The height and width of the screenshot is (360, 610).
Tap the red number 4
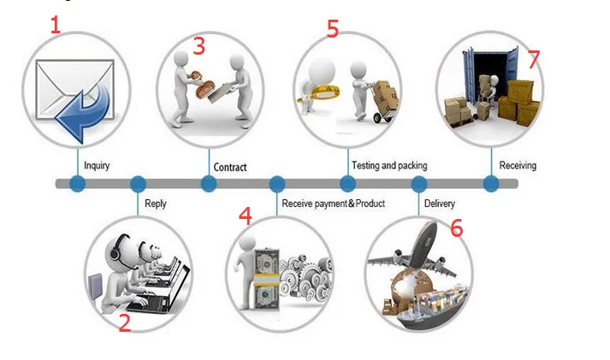(246, 216)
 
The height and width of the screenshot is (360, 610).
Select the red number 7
(534, 59)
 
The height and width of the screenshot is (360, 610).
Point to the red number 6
(456, 228)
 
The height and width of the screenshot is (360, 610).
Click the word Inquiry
(96, 165)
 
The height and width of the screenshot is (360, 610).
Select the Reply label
(156, 204)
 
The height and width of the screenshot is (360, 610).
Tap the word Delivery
(440, 204)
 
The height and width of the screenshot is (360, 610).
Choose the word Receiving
(518, 165)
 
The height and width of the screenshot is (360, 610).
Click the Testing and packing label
(389, 165)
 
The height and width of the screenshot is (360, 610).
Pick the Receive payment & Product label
(333, 204)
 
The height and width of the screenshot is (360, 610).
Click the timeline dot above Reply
(138, 184)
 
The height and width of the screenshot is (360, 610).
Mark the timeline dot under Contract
(209, 184)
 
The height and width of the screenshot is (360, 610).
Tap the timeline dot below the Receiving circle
(491, 184)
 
